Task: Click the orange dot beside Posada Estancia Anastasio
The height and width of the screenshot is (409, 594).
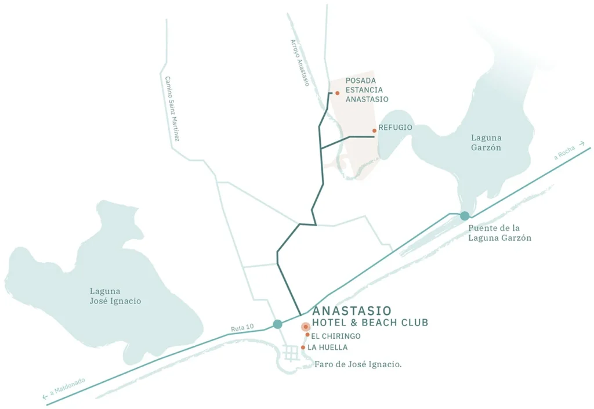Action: coord(337,93)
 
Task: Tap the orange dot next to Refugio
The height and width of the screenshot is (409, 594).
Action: coord(374,131)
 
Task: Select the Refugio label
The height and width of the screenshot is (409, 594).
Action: coord(395,127)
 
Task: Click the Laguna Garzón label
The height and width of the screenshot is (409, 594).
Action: coord(486,143)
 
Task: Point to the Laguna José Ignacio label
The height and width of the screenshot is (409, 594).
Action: coord(115,296)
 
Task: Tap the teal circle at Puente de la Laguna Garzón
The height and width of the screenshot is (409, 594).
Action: coord(464,216)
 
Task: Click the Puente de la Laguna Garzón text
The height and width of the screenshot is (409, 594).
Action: coord(500,233)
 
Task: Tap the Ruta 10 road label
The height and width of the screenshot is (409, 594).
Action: coord(242,328)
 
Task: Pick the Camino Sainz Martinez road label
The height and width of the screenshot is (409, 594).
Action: coord(172,109)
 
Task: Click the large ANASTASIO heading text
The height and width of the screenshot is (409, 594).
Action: coord(352,311)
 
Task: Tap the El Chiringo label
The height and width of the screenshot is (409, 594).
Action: coord(336,336)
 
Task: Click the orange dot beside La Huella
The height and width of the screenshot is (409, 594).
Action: coord(303,348)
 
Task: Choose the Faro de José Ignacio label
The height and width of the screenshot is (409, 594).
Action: coord(358,364)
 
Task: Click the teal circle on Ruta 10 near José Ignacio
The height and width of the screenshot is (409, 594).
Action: coord(277,324)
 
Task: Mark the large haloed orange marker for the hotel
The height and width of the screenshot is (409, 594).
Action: coord(305,327)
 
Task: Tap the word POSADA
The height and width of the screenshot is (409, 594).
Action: coord(361,81)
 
